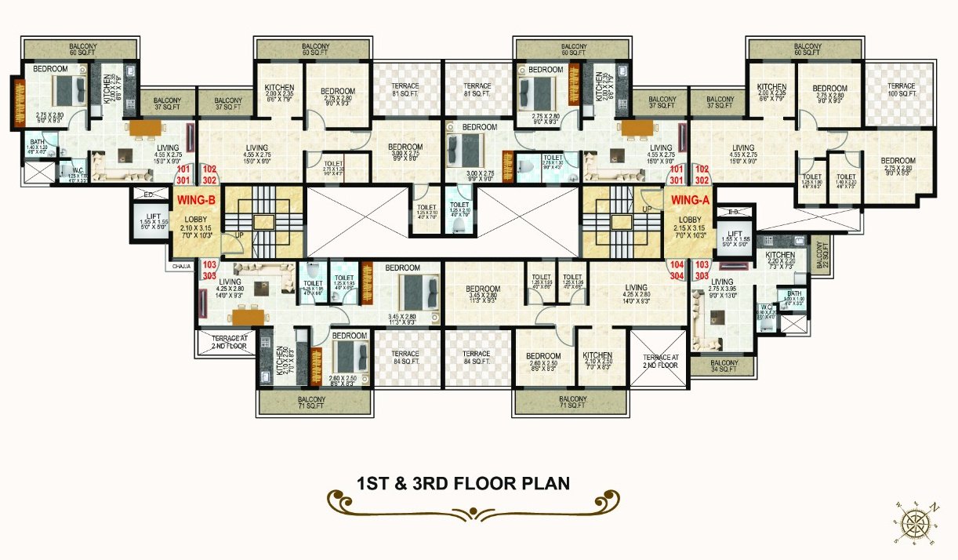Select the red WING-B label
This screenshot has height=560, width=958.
pyautogui.click(x=191, y=200)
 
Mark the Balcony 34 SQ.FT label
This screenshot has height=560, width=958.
pyautogui.click(x=724, y=367)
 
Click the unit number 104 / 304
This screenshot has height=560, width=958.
pyautogui.click(x=678, y=271)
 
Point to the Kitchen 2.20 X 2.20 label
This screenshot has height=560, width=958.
pyautogui.click(x=780, y=260)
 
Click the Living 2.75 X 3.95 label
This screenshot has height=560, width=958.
pyautogui.click(x=721, y=285)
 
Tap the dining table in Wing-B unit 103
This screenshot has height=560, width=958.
pyautogui.click(x=247, y=316)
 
